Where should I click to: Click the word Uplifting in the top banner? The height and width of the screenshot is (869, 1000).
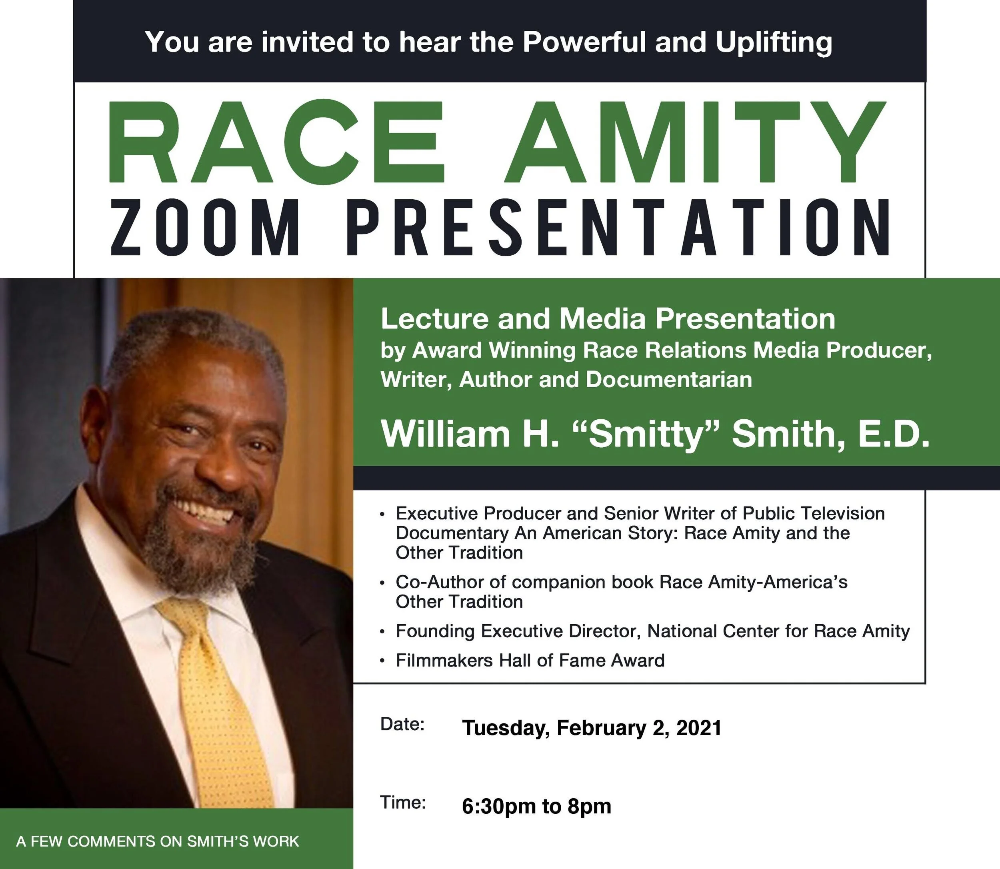(774, 42)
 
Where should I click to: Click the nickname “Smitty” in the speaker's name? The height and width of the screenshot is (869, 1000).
(645, 434)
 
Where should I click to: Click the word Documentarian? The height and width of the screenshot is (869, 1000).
(669, 380)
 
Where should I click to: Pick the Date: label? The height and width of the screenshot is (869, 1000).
(402, 724)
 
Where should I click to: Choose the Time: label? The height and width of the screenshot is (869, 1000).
(403, 803)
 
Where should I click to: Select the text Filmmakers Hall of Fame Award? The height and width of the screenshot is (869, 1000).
(530, 661)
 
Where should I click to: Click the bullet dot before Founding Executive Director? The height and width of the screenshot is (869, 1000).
(383, 632)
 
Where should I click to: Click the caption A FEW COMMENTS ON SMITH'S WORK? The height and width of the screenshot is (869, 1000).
(158, 841)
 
